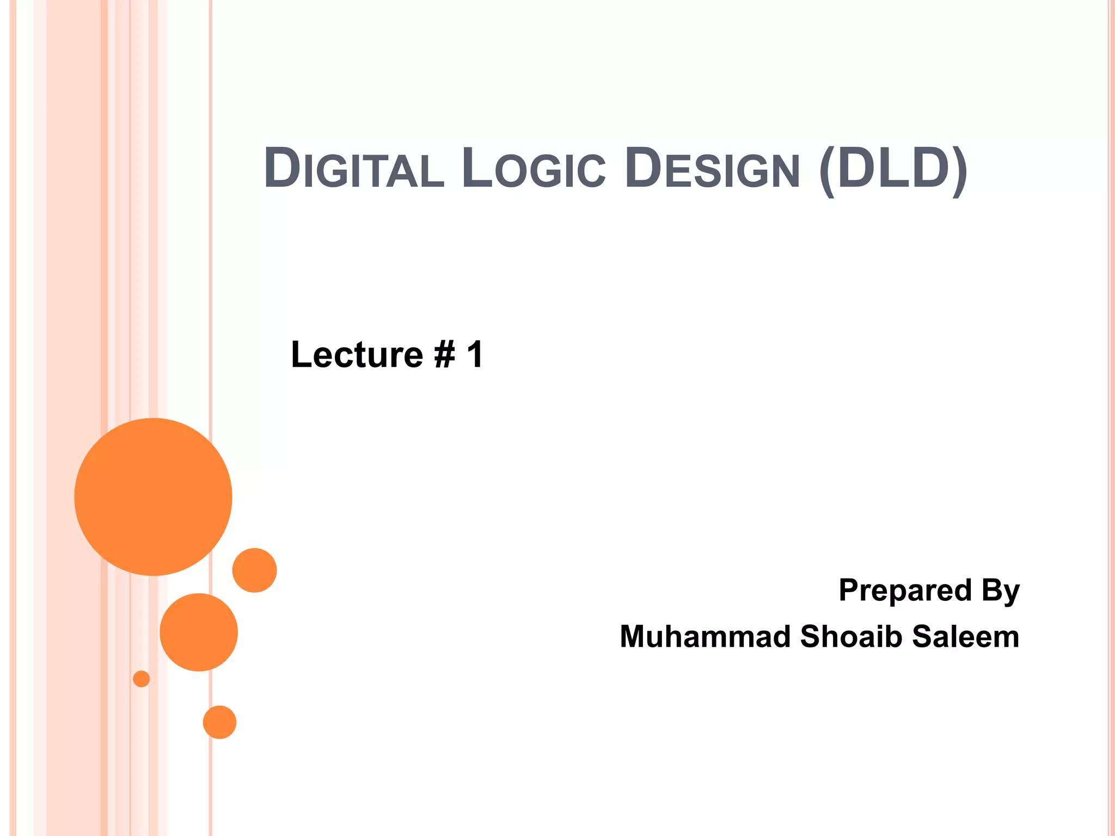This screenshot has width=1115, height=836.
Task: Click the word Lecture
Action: coord(357,355)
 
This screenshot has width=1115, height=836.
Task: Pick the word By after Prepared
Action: coord(1000,591)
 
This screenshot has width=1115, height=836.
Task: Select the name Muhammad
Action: coord(705,636)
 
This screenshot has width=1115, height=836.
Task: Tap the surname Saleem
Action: coord(965,636)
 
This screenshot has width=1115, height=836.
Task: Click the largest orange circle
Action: coord(154,496)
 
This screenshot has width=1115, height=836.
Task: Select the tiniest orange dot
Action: coord(142,679)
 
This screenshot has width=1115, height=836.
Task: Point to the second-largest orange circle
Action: coord(199,632)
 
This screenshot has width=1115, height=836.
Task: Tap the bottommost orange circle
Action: coord(219,722)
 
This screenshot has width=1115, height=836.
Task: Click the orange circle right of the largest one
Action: coord(254,570)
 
